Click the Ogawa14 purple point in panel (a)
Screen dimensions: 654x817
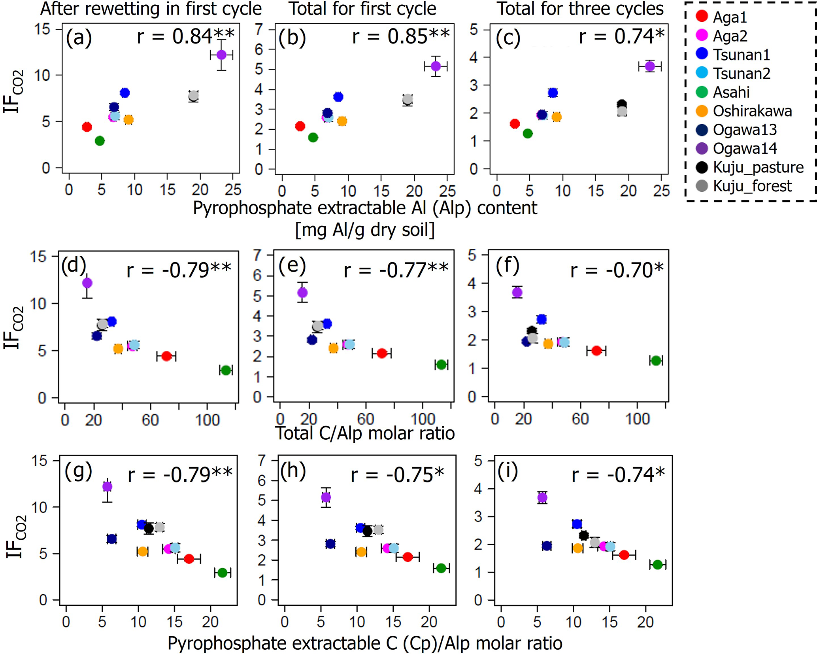click(221, 55)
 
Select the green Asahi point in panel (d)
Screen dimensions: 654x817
click(226, 370)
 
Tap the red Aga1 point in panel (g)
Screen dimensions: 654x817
click(189, 559)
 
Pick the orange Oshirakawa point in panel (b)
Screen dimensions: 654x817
click(342, 121)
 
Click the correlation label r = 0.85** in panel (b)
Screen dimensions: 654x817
click(401, 36)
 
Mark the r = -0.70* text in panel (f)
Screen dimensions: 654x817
click(617, 270)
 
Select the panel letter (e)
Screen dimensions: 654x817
click(292, 266)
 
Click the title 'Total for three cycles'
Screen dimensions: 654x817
click(580, 9)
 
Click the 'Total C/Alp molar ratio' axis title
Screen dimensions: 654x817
click(365, 433)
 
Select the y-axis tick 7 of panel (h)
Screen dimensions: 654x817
click(261, 460)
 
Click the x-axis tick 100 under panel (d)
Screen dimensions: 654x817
click(208, 420)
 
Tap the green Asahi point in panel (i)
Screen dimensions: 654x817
click(657, 565)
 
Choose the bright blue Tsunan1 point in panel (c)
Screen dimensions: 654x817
click(553, 93)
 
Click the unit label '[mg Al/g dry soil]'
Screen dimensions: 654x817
click(365, 230)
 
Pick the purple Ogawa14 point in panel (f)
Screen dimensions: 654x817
click(517, 292)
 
